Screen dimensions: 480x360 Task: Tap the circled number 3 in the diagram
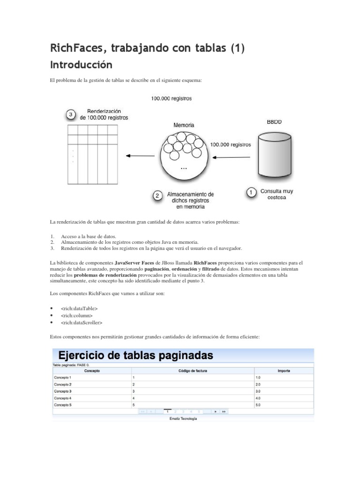tap(70, 114)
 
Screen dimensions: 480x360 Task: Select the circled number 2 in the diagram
tap(159, 196)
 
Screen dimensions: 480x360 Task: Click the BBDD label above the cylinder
tap(274, 121)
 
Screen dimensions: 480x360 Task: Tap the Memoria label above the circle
tap(184, 125)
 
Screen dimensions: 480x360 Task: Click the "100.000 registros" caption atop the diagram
tap(171, 99)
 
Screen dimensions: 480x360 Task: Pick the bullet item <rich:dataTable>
tap(79, 308)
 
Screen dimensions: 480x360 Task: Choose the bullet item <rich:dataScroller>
tap(82, 322)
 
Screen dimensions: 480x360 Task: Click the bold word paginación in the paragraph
tap(157, 270)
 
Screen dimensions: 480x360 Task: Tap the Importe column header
tap(283, 371)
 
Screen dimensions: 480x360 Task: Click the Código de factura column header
tap(192, 371)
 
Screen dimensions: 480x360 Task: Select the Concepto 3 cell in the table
tap(63, 390)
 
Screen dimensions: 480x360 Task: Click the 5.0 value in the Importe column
tap(258, 404)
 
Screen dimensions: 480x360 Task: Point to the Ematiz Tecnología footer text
tap(183, 419)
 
